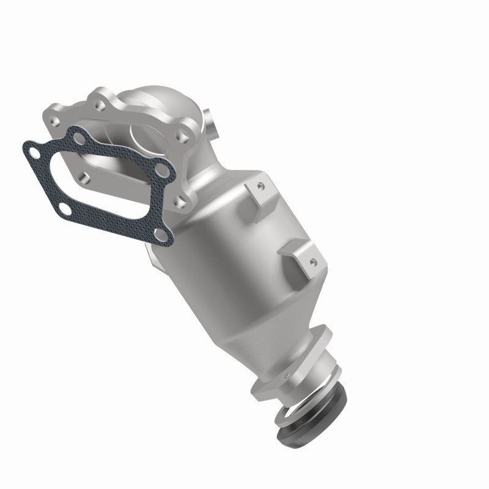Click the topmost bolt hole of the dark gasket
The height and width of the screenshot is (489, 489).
tap(78, 138)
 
